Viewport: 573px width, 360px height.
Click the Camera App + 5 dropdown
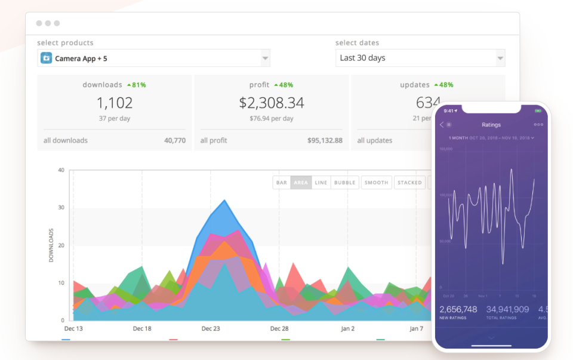(153, 59)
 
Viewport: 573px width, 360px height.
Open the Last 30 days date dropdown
(420, 58)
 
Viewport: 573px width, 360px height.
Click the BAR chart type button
(282, 183)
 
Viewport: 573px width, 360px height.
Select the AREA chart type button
(301, 183)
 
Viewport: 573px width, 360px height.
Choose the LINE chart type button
(321, 183)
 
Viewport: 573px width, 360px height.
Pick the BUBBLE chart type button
(345, 183)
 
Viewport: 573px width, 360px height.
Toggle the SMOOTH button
(377, 183)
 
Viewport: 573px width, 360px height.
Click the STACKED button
(409, 183)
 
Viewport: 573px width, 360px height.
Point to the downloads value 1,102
(115, 103)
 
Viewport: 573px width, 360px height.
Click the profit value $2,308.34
(272, 103)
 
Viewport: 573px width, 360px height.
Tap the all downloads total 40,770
(174, 141)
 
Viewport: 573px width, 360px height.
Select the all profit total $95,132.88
(325, 141)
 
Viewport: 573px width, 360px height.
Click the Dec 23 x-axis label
(211, 329)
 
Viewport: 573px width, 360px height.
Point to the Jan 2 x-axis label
(347, 329)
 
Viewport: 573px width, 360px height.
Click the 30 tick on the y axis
(60, 208)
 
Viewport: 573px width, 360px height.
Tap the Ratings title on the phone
(491, 125)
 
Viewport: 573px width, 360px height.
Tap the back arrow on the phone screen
(442, 125)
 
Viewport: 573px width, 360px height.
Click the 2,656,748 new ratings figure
(458, 309)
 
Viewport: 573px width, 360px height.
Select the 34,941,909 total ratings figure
(507, 309)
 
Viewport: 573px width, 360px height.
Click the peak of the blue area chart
(224, 201)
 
